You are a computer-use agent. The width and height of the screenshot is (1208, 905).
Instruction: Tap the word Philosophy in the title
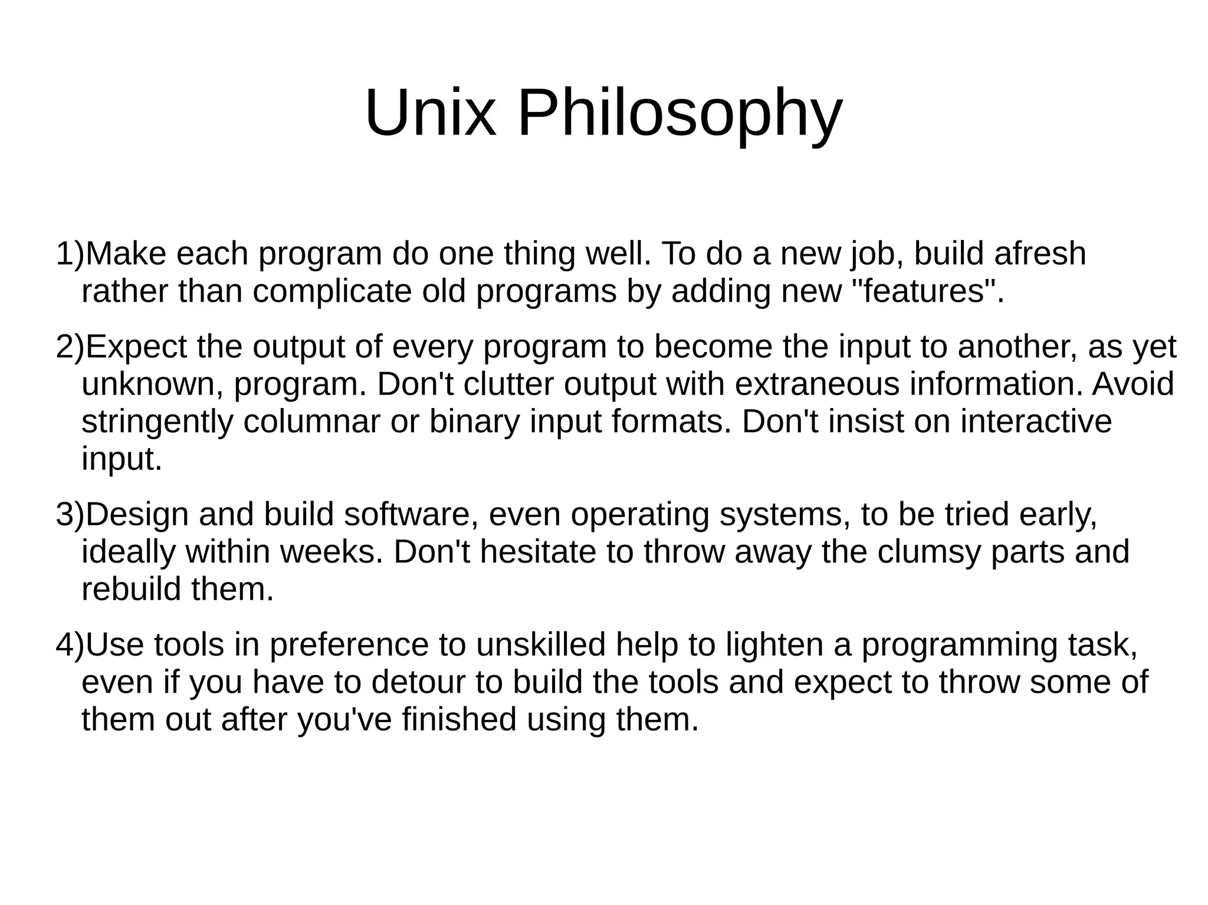click(679, 113)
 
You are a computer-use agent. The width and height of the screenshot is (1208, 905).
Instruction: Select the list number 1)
click(70, 254)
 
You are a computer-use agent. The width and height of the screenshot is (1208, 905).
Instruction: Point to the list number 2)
click(70, 347)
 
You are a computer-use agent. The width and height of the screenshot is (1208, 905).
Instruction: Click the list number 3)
click(70, 514)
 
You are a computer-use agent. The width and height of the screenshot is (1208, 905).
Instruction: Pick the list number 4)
click(70, 644)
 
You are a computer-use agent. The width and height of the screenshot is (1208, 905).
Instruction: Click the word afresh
click(1040, 254)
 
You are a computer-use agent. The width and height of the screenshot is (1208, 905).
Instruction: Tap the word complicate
click(332, 291)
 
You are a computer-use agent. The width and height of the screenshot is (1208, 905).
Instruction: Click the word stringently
click(157, 422)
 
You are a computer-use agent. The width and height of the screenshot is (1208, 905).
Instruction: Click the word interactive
click(1036, 422)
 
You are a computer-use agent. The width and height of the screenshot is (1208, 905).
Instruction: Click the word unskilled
click(541, 644)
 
